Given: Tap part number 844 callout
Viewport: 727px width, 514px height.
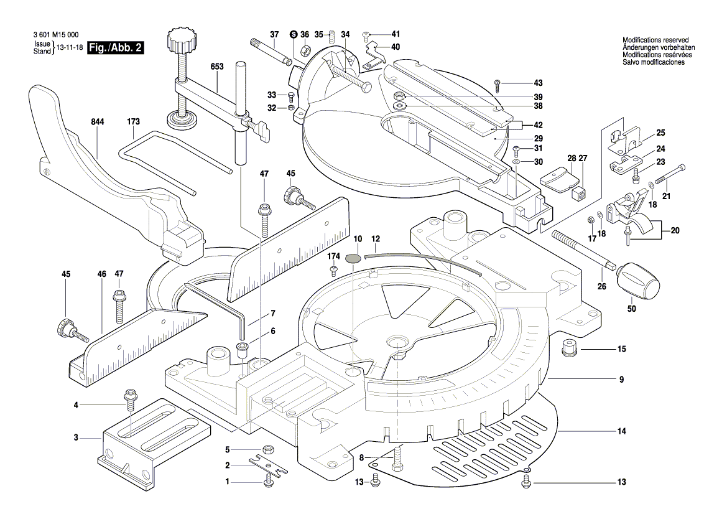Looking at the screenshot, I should pos(97,123).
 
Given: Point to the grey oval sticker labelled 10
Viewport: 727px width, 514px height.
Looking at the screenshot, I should pos(353,258).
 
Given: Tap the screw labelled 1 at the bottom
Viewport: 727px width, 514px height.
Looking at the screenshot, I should pos(269,481).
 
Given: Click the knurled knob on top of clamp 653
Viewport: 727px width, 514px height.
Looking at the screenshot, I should pos(180,44).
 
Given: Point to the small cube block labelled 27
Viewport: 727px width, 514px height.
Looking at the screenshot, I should pos(580,192).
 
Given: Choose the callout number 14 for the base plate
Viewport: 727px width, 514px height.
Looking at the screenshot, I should pos(621,431).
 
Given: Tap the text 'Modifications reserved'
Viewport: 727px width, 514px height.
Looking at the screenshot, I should pos(655,40).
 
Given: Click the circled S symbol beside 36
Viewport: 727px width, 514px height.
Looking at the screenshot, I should pos(294,34).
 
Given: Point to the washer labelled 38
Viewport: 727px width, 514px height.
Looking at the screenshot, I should pos(400,106).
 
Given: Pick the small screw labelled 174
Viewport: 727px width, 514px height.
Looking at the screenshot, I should pos(333,269).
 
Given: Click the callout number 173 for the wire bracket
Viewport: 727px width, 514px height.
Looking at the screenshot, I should pos(134,123).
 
